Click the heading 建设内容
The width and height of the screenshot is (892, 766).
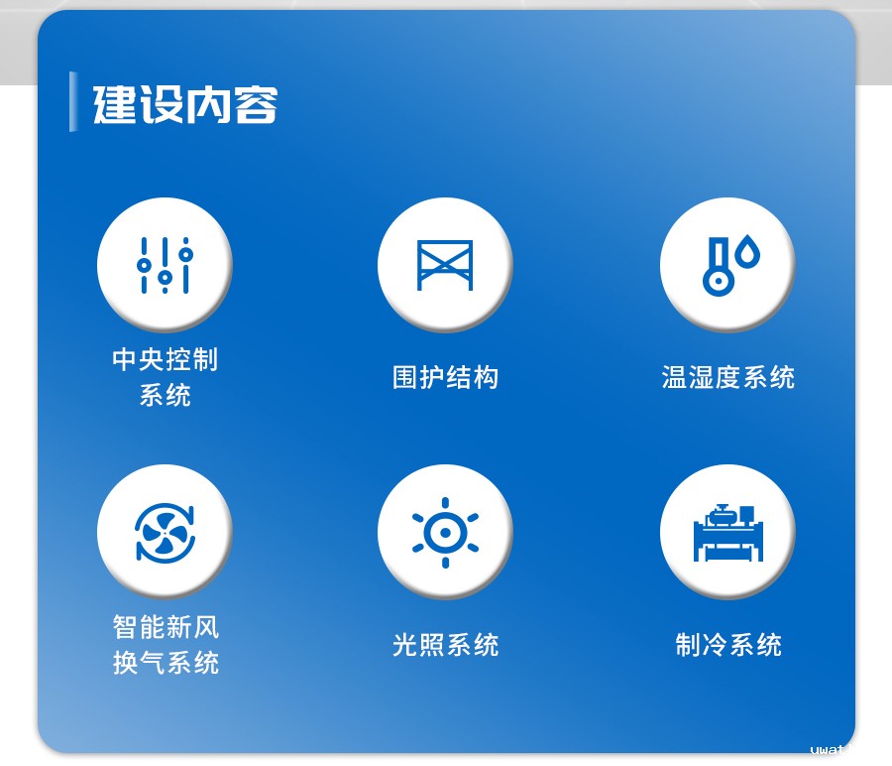point(185,104)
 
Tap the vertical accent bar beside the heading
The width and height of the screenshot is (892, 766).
point(72,101)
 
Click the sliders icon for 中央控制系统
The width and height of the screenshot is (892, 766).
point(165,265)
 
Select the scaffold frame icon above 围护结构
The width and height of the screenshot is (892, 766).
point(445,265)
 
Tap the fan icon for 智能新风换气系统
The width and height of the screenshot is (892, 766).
point(164,533)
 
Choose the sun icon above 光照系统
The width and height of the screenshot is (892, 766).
point(445,533)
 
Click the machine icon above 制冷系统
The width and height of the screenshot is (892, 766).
point(727,533)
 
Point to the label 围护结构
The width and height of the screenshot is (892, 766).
point(445,378)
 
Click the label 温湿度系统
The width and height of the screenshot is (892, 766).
point(727,378)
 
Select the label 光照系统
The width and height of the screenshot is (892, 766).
point(445,646)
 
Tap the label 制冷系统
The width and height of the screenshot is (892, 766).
point(727,646)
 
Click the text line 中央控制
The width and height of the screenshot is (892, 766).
point(165,359)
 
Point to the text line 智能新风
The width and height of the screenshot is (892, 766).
point(166,627)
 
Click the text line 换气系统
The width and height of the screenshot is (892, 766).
point(166,663)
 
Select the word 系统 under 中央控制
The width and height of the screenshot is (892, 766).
point(165,396)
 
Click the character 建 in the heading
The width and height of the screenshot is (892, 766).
point(115,104)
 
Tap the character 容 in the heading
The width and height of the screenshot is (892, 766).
point(256,104)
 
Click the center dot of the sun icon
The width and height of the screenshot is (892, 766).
point(445,533)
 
